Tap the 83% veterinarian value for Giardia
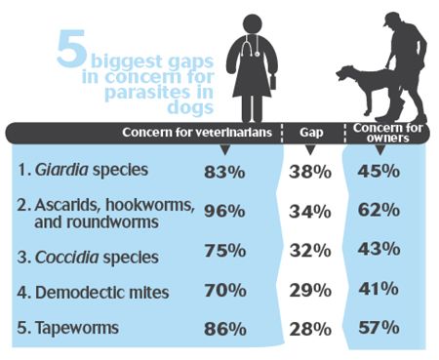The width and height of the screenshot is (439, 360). (225, 171)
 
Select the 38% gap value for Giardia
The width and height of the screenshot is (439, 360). (311, 171)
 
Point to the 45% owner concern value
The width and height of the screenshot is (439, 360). (379, 171)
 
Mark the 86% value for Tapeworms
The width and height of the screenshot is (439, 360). (225, 329)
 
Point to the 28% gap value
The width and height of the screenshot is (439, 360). (311, 329)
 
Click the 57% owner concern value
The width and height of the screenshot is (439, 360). (379, 329)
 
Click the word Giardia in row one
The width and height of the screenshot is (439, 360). (64, 170)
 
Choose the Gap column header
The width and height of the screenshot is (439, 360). (311, 131)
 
